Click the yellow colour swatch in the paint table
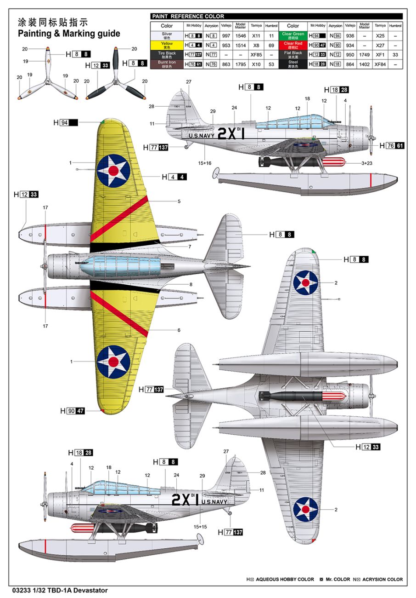(x=167, y=45)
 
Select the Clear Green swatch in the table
(x=293, y=35)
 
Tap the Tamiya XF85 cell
(x=256, y=55)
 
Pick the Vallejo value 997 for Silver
(x=226, y=35)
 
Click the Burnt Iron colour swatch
(x=167, y=64)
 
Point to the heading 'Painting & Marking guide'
(x=69, y=34)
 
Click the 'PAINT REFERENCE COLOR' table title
(x=188, y=17)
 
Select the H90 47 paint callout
(x=73, y=411)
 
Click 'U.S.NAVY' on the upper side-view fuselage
(x=201, y=136)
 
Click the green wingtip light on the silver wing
(x=314, y=251)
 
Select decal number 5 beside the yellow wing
(x=179, y=201)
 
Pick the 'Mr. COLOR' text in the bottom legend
(x=337, y=580)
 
